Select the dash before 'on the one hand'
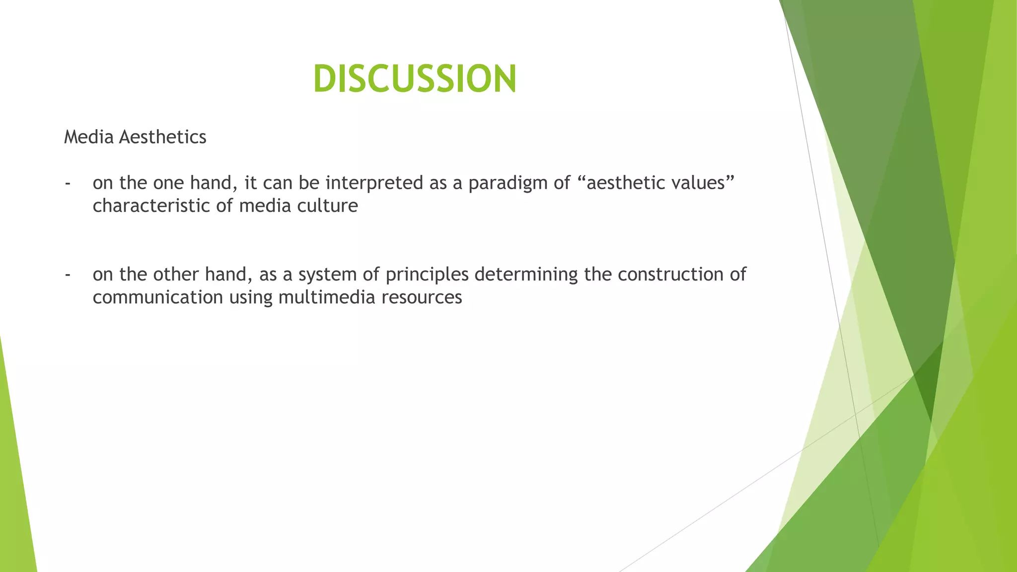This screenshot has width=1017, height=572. click(x=67, y=183)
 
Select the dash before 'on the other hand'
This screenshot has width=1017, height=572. click(x=67, y=275)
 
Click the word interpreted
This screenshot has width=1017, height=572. click(x=374, y=183)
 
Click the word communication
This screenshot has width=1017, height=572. click(x=157, y=297)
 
